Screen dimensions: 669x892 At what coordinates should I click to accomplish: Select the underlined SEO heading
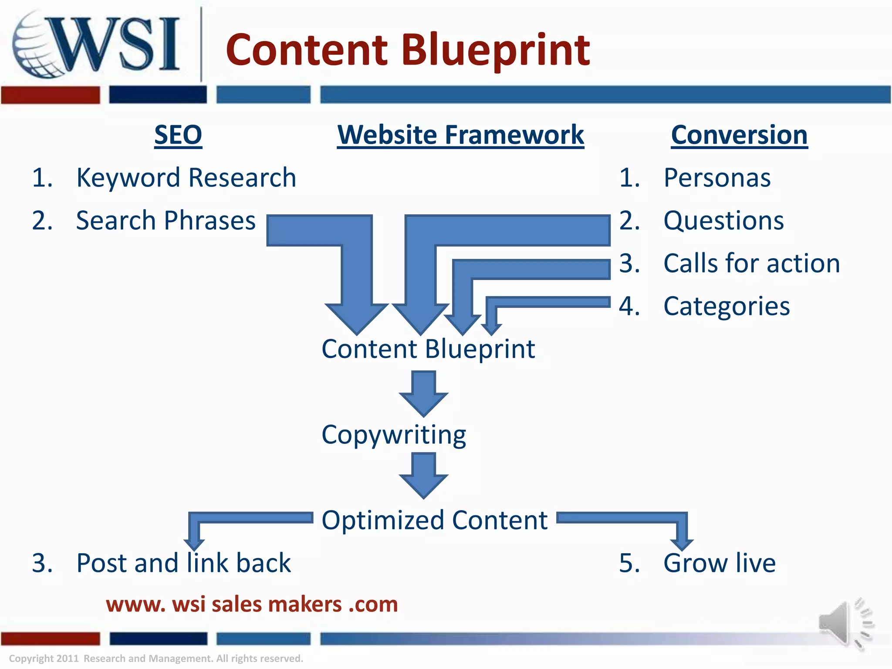[x=178, y=135]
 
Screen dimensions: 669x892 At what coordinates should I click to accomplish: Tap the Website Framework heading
[x=460, y=135]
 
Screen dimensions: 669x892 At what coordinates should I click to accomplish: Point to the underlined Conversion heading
[x=739, y=135]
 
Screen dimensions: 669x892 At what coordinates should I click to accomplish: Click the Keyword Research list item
[x=186, y=178]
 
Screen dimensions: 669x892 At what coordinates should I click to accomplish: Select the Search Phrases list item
[x=166, y=220]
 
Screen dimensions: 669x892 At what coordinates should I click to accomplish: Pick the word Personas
[x=717, y=178]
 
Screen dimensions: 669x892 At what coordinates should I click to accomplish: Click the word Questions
[x=723, y=220]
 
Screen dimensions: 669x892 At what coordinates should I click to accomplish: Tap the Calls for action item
[x=751, y=264]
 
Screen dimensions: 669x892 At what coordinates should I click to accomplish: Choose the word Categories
[x=726, y=306]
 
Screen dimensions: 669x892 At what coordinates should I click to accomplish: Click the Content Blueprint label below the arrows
[x=428, y=349]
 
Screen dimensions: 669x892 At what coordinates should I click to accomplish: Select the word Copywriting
[x=394, y=435]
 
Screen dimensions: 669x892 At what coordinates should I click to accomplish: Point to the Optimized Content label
[x=434, y=520]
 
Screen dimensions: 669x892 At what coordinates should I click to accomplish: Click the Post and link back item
[x=183, y=563]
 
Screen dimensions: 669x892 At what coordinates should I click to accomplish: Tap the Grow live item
[x=719, y=563]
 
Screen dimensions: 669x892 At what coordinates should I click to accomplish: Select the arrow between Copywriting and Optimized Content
[x=423, y=475]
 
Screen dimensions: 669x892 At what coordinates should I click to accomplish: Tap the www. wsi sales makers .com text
[x=252, y=605]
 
